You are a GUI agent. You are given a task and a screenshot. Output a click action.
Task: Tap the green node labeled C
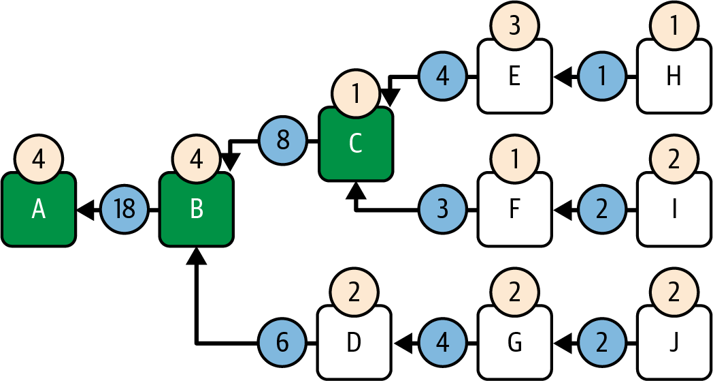(355, 144)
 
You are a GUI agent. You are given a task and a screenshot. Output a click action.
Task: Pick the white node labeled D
(354, 343)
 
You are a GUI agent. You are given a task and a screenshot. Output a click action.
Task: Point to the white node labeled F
(514, 211)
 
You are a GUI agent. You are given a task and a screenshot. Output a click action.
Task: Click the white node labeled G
(514, 343)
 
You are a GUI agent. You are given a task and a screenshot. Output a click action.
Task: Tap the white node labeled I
(674, 211)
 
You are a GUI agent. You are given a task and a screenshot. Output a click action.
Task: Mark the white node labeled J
(674, 343)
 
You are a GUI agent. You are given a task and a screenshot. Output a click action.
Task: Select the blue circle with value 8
(283, 142)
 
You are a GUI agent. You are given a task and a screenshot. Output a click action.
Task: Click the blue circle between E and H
(602, 77)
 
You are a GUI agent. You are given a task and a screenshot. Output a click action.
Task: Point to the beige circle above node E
(514, 27)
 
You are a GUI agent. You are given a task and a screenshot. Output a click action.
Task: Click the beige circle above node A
(38, 159)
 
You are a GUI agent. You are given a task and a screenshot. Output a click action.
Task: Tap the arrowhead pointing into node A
(84, 211)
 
